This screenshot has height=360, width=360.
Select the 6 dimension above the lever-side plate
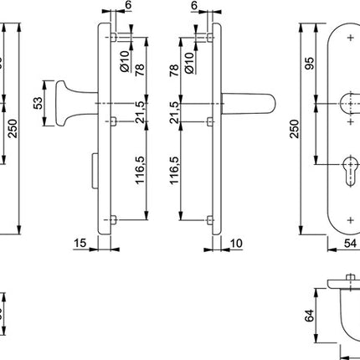(x=193, y=6)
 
